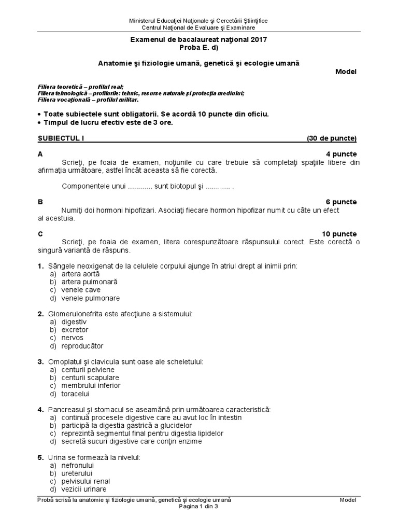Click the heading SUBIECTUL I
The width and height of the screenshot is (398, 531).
point(61,138)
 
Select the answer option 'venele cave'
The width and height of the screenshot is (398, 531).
point(81,290)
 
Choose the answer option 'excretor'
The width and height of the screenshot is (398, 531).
point(75,329)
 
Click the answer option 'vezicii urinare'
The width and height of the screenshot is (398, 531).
point(84,489)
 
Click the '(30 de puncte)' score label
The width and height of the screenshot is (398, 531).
point(332,138)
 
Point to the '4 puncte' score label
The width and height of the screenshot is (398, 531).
point(341,155)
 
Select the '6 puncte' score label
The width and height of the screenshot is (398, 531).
point(341,202)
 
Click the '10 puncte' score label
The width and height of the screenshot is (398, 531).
point(339,234)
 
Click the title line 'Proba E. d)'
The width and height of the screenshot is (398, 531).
point(198,48)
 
